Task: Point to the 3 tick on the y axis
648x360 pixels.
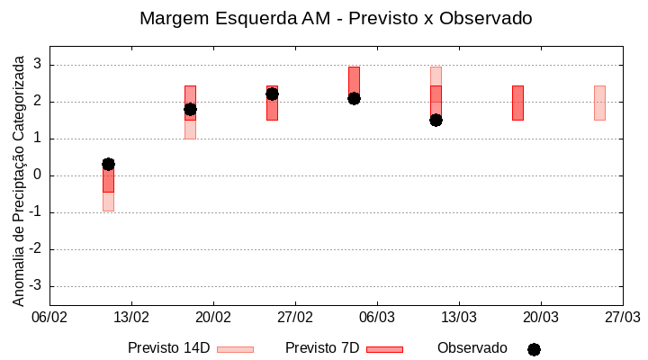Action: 38,65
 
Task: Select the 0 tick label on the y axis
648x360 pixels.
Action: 38,175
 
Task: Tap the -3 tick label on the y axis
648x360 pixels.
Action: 35,286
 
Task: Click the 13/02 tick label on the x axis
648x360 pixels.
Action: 131,317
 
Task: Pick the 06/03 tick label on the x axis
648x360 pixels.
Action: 377,317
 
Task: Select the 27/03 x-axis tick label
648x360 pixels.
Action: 622,317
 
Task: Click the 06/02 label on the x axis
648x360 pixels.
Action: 49,317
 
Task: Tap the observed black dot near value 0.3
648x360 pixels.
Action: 108,164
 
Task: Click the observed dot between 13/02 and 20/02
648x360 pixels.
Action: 190,109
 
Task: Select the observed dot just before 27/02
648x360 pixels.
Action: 272,94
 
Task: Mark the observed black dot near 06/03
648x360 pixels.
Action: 354,98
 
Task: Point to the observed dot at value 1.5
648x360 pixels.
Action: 436,120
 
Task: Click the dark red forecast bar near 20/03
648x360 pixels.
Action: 517,103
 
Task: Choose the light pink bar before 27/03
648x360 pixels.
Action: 599,103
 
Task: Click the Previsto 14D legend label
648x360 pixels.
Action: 168,348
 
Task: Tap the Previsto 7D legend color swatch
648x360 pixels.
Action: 384,349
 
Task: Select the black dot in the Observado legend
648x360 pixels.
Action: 534,349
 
